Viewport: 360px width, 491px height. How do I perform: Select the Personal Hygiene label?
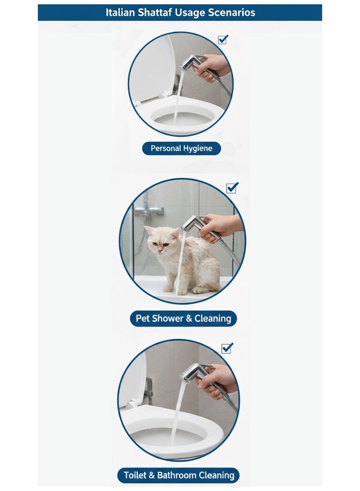tap(181, 149)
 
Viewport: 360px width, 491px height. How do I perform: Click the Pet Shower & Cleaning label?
tap(184, 319)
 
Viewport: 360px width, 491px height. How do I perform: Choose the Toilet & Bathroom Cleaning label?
tap(179, 475)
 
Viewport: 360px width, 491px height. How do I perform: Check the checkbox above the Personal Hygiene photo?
tap(223, 40)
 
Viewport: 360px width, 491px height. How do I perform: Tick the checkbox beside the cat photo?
tap(232, 188)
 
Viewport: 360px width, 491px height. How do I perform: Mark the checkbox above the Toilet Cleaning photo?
tap(227, 348)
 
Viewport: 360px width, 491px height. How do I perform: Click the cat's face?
tap(160, 241)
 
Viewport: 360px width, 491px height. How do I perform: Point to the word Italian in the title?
tap(120, 13)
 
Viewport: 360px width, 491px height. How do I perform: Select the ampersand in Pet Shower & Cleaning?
tap(189, 319)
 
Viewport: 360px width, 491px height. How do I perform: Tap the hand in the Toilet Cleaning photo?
tap(217, 380)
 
